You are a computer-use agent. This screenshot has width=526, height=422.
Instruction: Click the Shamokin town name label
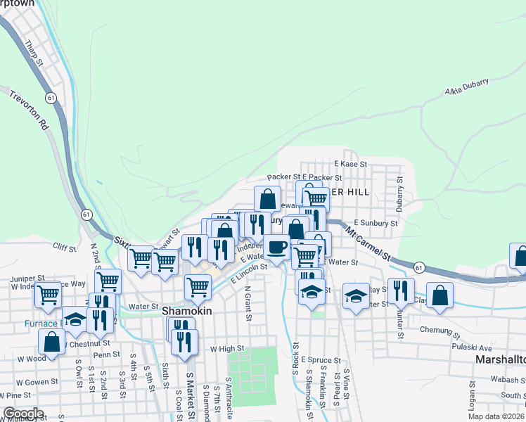click(x=186, y=309)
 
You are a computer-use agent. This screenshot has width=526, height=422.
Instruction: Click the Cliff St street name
click(x=64, y=246)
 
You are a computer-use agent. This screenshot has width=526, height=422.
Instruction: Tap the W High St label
click(x=226, y=348)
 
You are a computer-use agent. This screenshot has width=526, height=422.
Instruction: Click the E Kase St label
click(x=351, y=163)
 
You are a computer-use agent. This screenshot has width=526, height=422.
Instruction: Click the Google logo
click(x=23, y=414)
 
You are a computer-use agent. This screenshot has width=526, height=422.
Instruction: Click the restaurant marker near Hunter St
click(x=401, y=290)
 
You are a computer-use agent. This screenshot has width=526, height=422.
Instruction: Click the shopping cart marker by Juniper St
click(x=48, y=295)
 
